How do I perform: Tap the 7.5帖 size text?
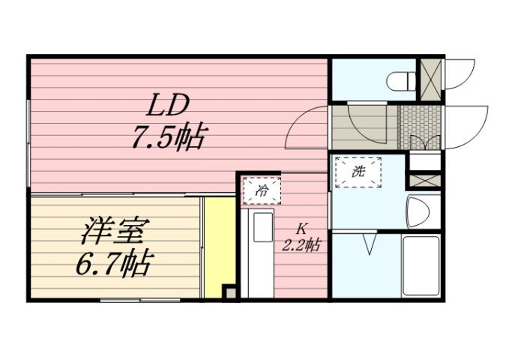pos(168,138)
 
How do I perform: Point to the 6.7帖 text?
pos(114,262)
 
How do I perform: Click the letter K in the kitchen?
pos(302,228)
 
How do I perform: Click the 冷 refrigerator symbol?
pos(262,190)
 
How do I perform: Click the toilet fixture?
pos(401,79)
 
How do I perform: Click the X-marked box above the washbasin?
pos(423,181)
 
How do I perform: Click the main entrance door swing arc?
pos(465,127)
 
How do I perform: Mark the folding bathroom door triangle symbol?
pos(369,244)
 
